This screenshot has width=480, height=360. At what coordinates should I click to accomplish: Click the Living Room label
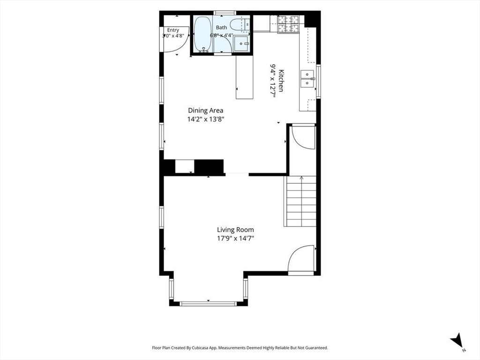coord(235,230)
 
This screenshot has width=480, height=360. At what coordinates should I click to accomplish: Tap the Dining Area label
coord(205,111)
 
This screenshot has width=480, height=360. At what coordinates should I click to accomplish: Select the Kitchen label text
coord(282,81)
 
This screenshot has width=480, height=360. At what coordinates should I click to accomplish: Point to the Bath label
coord(221,28)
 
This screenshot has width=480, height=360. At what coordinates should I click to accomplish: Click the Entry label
coord(173,30)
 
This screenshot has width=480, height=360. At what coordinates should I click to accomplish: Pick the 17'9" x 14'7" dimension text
coord(236,238)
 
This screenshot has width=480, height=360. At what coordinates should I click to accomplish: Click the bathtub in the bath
coord(202,34)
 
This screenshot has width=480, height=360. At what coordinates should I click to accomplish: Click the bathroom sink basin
coord(241,44)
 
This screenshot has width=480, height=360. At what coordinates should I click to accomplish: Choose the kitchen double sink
coord(307,79)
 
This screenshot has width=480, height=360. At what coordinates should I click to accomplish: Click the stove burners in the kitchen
coord(288,24)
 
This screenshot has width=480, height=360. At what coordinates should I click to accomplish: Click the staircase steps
coord(300,201)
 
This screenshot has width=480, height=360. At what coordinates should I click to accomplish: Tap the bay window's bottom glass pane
coord(208,304)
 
